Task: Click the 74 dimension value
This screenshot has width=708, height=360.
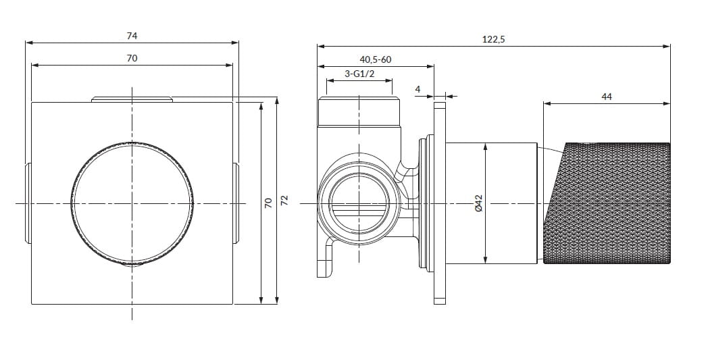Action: point(132,36)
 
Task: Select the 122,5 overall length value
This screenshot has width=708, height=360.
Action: point(494,39)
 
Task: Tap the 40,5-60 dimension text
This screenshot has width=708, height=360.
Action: point(376,59)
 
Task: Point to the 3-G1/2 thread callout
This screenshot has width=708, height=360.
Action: point(359,74)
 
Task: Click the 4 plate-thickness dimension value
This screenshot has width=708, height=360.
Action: point(418,89)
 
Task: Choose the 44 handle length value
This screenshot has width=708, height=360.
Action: point(607,96)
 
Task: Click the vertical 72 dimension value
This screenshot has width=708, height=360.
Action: point(284,201)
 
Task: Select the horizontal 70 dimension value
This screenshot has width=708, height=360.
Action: point(132,58)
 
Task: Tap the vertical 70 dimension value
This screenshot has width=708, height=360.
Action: point(269,203)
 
